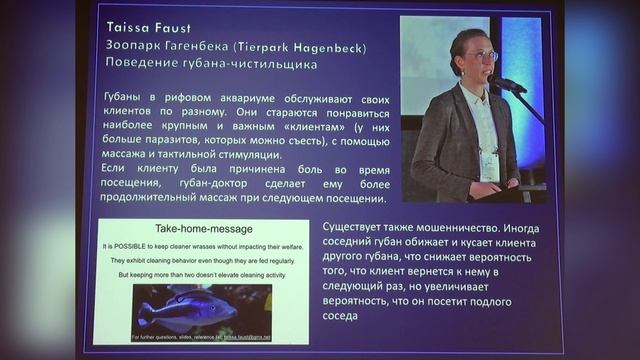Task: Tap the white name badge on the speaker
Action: click(x=489, y=165)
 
